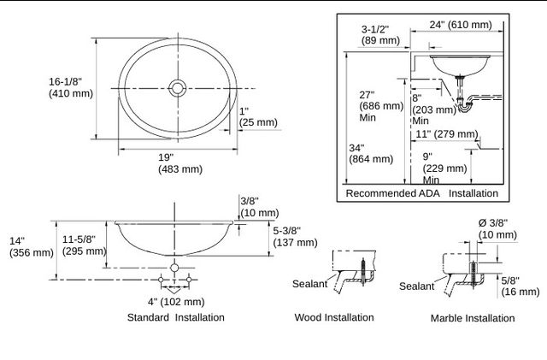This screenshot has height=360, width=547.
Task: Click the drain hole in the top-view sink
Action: [178, 88]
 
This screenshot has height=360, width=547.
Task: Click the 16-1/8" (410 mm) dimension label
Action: [71, 87]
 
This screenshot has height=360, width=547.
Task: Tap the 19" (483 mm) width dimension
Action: [180, 163]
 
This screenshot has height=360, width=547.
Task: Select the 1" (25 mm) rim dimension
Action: [258, 117]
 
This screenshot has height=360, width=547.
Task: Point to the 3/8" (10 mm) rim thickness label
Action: [260, 207]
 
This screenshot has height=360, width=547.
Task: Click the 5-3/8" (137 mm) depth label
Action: [295, 237]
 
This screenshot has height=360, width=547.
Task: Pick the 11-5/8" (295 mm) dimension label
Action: [84, 245]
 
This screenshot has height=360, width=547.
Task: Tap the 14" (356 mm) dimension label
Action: [32, 247]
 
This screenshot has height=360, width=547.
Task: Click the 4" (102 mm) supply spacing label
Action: [176, 302]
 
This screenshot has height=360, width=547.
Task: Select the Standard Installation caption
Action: [176, 317]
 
